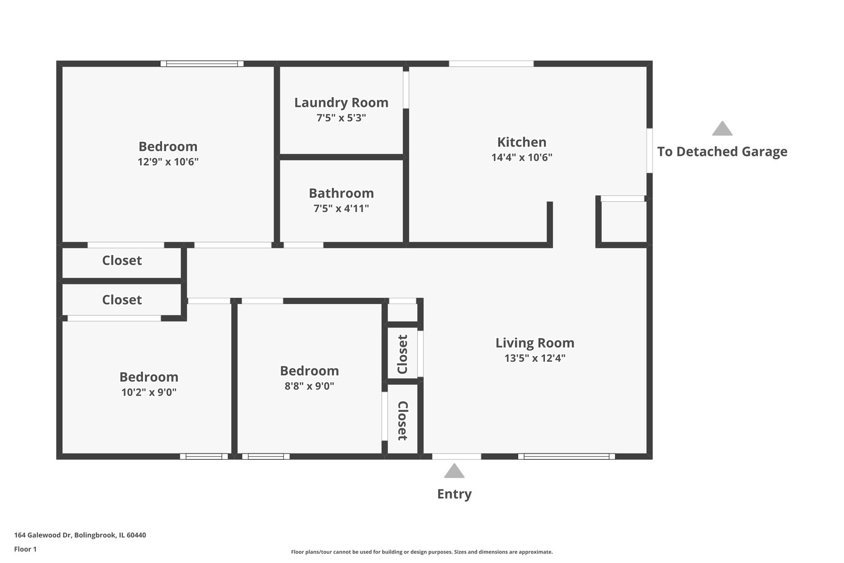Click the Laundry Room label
(341, 103)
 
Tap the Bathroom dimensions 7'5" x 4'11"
(341, 208)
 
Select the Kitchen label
(522, 142)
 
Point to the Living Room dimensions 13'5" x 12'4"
(535, 358)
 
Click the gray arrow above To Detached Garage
(722, 129)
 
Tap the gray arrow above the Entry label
(454, 471)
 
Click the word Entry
(454, 494)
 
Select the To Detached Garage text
(722, 152)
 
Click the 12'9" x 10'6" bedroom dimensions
(168, 162)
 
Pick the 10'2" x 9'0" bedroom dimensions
(149, 392)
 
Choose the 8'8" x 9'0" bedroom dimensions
(309, 386)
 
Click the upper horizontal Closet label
(122, 260)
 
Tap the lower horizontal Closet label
(122, 300)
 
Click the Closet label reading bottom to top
(402, 354)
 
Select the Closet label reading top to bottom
(403, 421)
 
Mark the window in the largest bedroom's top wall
(202, 64)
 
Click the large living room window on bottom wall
(566, 456)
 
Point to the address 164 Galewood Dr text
(43, 535)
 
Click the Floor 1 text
(25, 549)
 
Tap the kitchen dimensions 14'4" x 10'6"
(522, 157)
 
